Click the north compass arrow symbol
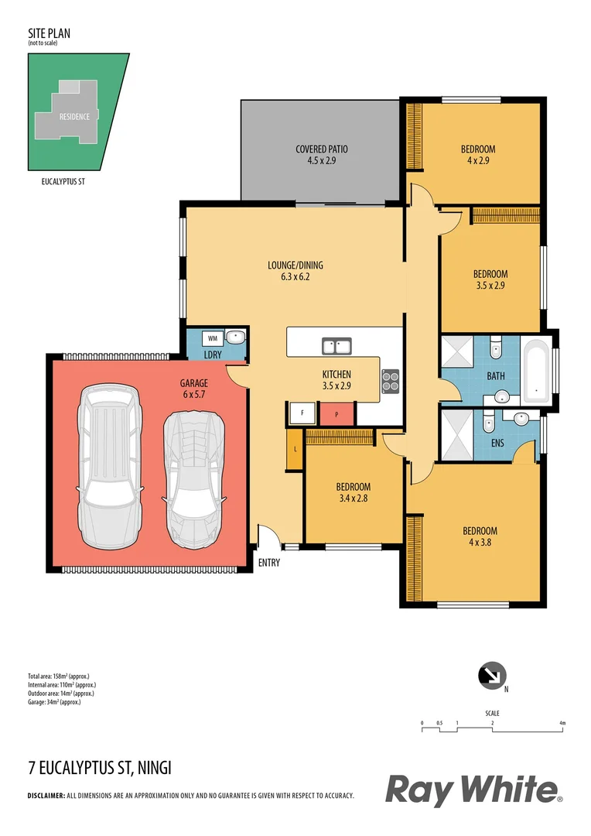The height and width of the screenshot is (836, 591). pos(490,675)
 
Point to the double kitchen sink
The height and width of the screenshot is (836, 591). pos(337,344)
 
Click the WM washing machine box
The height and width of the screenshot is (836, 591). pos(212,337)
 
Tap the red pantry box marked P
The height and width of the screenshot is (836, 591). pos(337,414)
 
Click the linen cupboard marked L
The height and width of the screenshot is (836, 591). pos(294,450)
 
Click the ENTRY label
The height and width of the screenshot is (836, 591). pos(269,563)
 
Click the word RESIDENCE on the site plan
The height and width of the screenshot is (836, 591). pos(74,117)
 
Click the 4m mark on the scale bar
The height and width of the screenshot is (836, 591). pos(562,723)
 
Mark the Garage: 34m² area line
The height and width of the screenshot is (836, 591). pos(54,702)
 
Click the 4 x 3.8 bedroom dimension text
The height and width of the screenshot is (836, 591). pos(480,543)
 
